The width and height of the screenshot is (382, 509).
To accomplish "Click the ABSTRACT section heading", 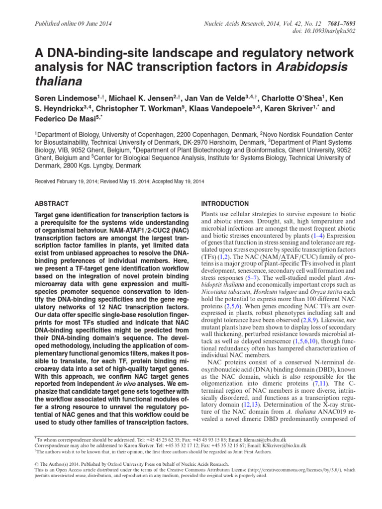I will pos(51,204).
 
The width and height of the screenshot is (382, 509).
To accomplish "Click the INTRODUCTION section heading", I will pos(224,204).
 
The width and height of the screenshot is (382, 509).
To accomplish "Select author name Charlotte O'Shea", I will pos(290,98).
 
